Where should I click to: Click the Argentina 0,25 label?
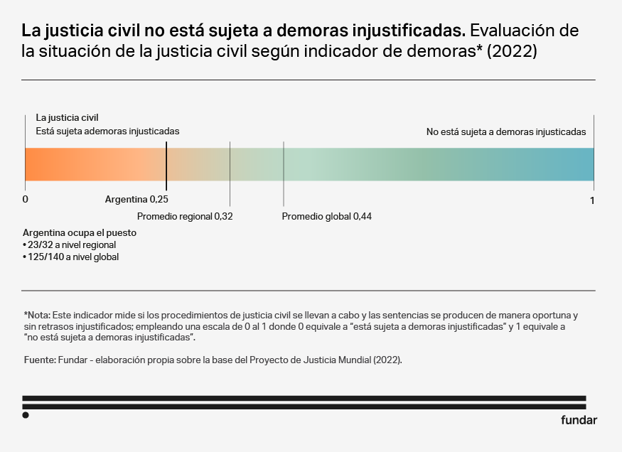tap(136, 200)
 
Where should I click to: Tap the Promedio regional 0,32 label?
tap(185, 216)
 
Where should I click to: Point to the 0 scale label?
tap(26, 200)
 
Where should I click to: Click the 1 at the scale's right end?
tap(592, 201)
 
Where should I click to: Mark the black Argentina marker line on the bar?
tap(166, 164)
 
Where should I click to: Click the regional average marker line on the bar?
tap(230, 164)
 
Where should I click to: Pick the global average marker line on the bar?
tap(284, 164)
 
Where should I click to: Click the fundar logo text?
tap(579, 419)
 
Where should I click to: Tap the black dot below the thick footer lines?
tap(26, 415)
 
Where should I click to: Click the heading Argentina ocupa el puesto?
tap(80, 232)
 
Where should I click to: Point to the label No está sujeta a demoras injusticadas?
tap(505, 131)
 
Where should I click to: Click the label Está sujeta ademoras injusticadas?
tap(107, 131)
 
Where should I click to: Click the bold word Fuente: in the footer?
tap(39, 360)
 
